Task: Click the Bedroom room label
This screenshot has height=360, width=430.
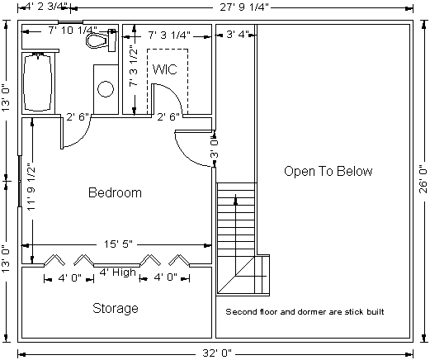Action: [x=115, y=192]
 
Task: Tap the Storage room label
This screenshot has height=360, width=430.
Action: [x=116, y=308]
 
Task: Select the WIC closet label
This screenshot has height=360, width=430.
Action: [x=165, y=69]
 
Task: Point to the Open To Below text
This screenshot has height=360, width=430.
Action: [x=328, y=171]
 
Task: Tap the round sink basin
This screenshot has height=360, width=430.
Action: [x=106, y=89]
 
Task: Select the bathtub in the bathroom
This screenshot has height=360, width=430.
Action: [x=38, y=83]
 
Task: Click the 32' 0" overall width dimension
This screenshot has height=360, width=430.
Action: [x=217, y=353]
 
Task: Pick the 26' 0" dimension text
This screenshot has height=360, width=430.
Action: [x=423, y=179]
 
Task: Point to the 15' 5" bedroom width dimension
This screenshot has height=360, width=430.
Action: [x=118, y=244]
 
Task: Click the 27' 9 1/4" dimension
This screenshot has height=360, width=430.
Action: [x=244, y=7]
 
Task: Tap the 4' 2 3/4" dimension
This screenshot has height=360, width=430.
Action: [x=45, y=7]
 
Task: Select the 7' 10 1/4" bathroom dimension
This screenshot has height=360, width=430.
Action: [x=73, y=30]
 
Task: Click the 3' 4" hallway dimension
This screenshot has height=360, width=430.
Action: [x=237, y=35]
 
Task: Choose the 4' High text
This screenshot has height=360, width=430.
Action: [x=117, y=272]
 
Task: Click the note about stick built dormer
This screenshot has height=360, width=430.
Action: [x=305, y=312]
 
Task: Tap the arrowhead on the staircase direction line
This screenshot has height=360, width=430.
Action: [x=235, y=200]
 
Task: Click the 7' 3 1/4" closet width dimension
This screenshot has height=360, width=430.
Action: [x=169, y=36]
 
